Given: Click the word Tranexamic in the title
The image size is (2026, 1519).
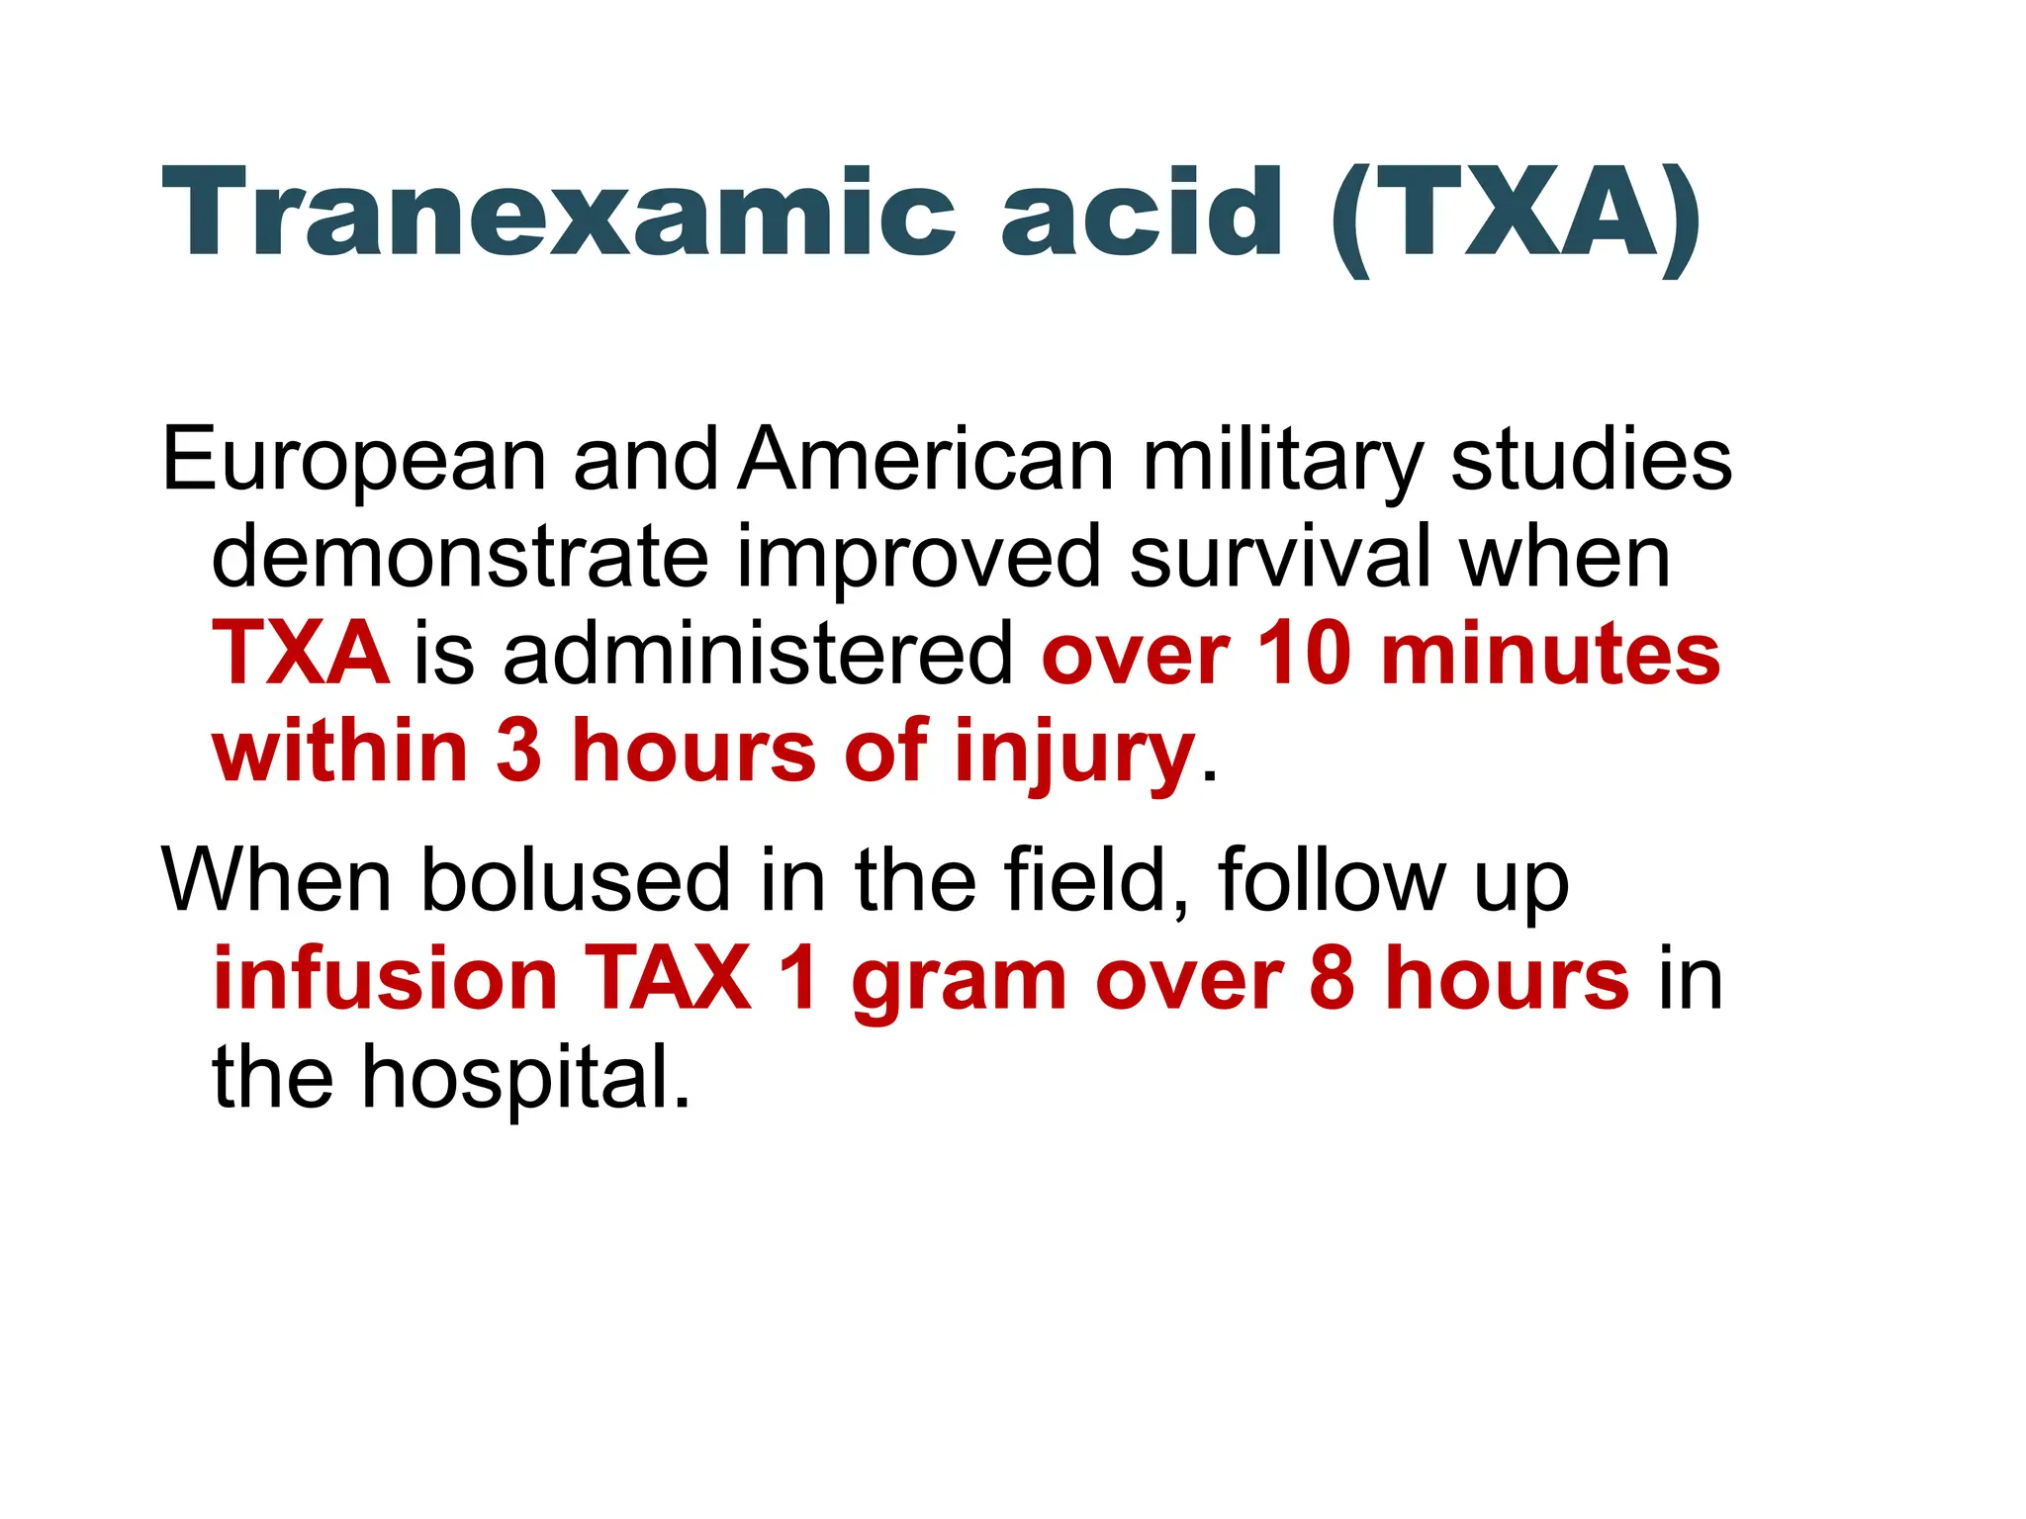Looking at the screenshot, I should pos(559,213).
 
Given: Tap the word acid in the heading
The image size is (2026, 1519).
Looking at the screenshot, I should pos(1143,213).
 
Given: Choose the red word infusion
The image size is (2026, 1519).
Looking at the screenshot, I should pos(386,978).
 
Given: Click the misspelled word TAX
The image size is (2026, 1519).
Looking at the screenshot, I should pos(669,978).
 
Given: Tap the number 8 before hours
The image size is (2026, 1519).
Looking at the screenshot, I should pos(1331,978).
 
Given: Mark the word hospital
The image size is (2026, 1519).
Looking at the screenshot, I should pos(524,1077).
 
